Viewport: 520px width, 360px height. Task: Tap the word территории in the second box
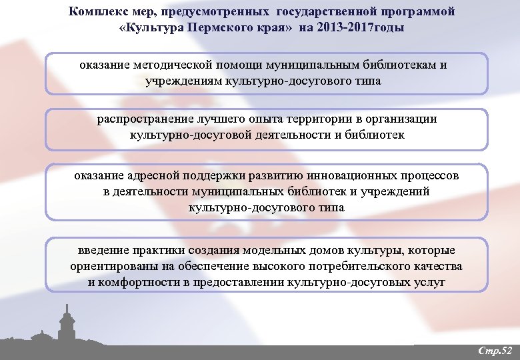(315, 119)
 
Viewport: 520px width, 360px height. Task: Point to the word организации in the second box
(400, 119)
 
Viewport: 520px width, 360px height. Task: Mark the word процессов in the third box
(429, 176)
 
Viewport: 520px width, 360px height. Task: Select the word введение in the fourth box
(101, 250)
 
